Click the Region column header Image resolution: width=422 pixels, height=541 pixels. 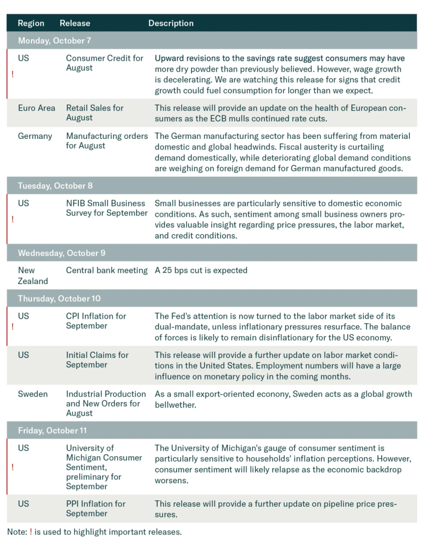point(31,23)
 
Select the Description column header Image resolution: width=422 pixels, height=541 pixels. point(171,23)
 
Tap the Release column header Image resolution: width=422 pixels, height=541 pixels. point(75,23)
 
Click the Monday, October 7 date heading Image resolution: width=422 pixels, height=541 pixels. point(55,41)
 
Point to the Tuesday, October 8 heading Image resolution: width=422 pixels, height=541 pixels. point(55,186)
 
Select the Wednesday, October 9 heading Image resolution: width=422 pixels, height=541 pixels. point(61,253)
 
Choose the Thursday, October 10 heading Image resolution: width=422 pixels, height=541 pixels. point(59,298)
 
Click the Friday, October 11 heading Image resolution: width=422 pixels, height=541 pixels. point(52,430)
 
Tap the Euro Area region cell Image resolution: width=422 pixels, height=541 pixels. point(36,108)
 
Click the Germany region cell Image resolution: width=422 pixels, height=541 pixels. point(35,136)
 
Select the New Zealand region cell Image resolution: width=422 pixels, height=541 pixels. point(33,276)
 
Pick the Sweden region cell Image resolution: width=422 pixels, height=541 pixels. point(33,394)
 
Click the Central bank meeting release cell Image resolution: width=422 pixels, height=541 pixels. point(107,270)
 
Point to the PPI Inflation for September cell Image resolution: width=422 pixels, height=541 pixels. point(95,508)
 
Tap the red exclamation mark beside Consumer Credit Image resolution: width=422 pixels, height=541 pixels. point(12,74)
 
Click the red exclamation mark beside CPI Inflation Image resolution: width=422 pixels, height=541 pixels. point(12,327)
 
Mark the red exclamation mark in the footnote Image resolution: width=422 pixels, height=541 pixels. point(31,532)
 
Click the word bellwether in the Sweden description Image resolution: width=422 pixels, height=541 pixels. point(175,405)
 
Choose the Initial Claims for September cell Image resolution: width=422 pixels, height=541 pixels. point(97,360)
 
